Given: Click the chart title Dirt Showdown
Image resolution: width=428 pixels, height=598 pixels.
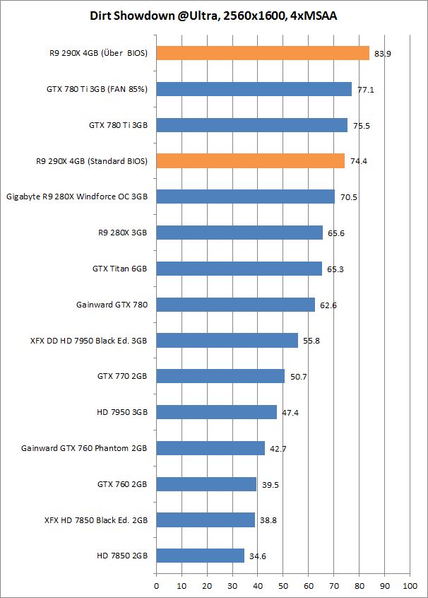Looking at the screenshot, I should coord(213,15).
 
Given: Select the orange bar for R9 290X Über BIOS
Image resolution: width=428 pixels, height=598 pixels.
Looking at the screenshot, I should coord(263,53).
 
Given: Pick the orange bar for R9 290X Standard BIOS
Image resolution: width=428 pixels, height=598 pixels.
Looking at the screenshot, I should coord(251,161).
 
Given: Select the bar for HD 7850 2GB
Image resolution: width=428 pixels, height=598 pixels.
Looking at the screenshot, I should coord(201,556).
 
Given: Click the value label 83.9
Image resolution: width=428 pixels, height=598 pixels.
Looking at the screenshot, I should coord(381,54).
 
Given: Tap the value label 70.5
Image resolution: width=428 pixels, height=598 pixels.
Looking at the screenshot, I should coord(348,197).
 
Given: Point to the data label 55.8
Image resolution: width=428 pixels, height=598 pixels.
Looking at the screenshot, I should coord(311,341).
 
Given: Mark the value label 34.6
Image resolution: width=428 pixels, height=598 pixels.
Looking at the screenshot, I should coord(257,557).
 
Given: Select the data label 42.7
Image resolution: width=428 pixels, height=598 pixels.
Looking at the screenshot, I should coord(278,449).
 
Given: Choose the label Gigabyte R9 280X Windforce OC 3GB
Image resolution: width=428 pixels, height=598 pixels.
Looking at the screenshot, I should coord(77,197).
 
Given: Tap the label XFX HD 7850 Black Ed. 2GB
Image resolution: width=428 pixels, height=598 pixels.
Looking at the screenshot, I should coord(95,520).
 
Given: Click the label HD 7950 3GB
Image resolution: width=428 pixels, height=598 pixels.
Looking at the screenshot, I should coord(122,412).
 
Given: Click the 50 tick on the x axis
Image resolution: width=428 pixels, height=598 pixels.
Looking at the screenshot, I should coord(283,585).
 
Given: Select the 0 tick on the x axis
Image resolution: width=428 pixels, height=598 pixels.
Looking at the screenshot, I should coord(156,585).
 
